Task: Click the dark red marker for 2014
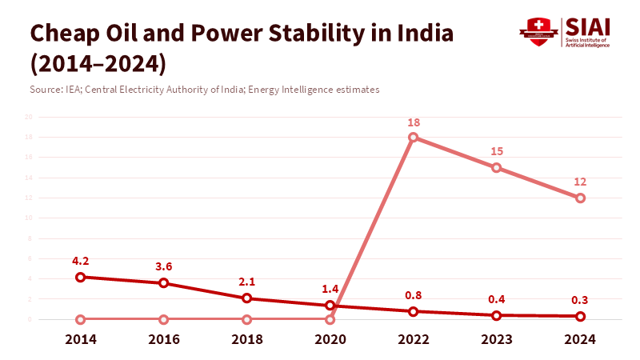(81, 277)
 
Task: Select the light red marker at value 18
(414, 137)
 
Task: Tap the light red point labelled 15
(497, 167)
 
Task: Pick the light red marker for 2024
(580, 198)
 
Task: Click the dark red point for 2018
(247, 298)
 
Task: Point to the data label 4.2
(81, 260)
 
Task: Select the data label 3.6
(164, 266)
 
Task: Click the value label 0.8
(414, 294)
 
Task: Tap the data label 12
(580, 181)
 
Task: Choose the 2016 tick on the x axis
(164, 339)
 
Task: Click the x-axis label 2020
(330, 339)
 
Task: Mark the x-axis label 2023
(497, 339)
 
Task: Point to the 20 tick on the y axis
(28, 117)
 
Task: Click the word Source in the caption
(46, 89)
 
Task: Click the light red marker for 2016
(164, 319)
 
